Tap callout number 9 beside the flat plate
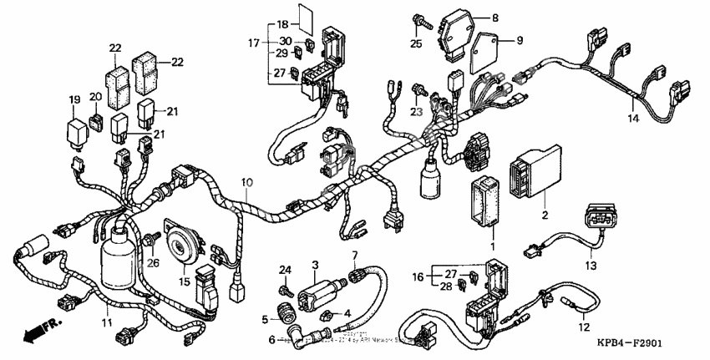pos(519,40)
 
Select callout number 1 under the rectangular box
pos(492,247)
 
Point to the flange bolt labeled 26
pos(154,241)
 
